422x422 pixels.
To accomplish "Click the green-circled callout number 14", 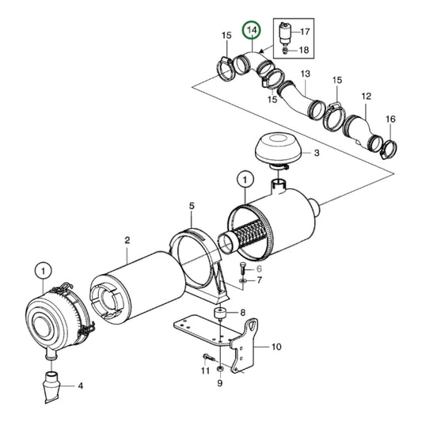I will point(252,32).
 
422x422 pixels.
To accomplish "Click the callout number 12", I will point(367,96).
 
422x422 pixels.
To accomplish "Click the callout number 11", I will point(204,371).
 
